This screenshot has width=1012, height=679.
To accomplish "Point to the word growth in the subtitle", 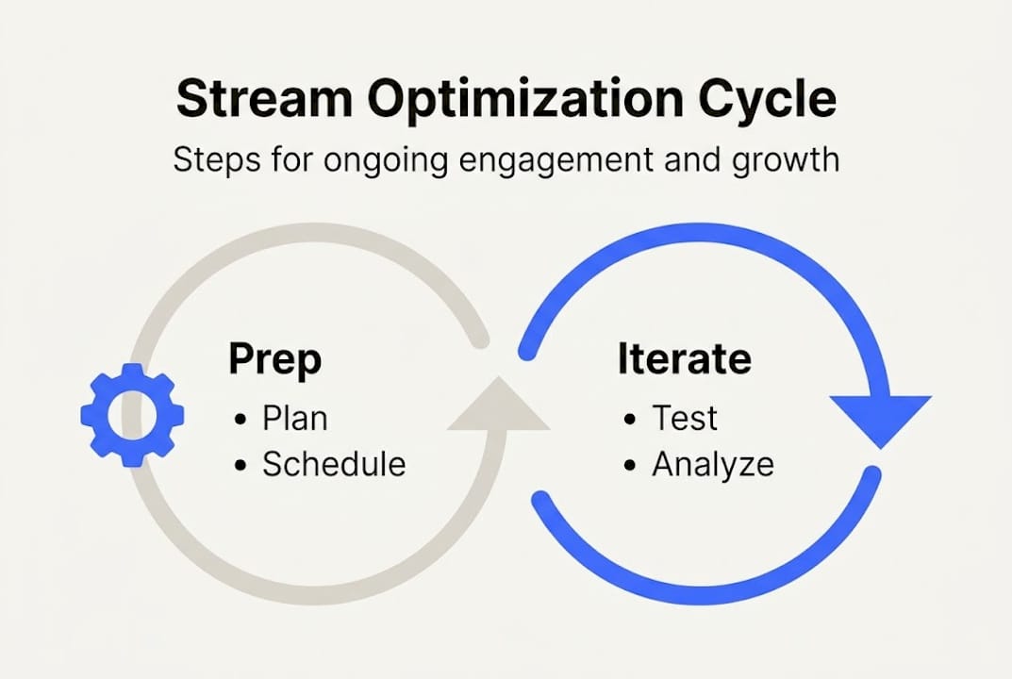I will (x=781, y=159).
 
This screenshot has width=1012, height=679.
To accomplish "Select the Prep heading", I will (x=274, y=359).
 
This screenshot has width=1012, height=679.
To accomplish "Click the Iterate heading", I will (x=684, y=359).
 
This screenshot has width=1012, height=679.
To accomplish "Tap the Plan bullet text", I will (x=294, y=417).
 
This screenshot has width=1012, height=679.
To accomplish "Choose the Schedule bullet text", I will (x=334, y=464).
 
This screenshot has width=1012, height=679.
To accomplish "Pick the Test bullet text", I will (x=685, y=417).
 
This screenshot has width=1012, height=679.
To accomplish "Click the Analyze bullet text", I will (x=712, y=464).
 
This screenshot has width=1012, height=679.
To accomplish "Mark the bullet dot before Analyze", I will (x=630, y=466).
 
